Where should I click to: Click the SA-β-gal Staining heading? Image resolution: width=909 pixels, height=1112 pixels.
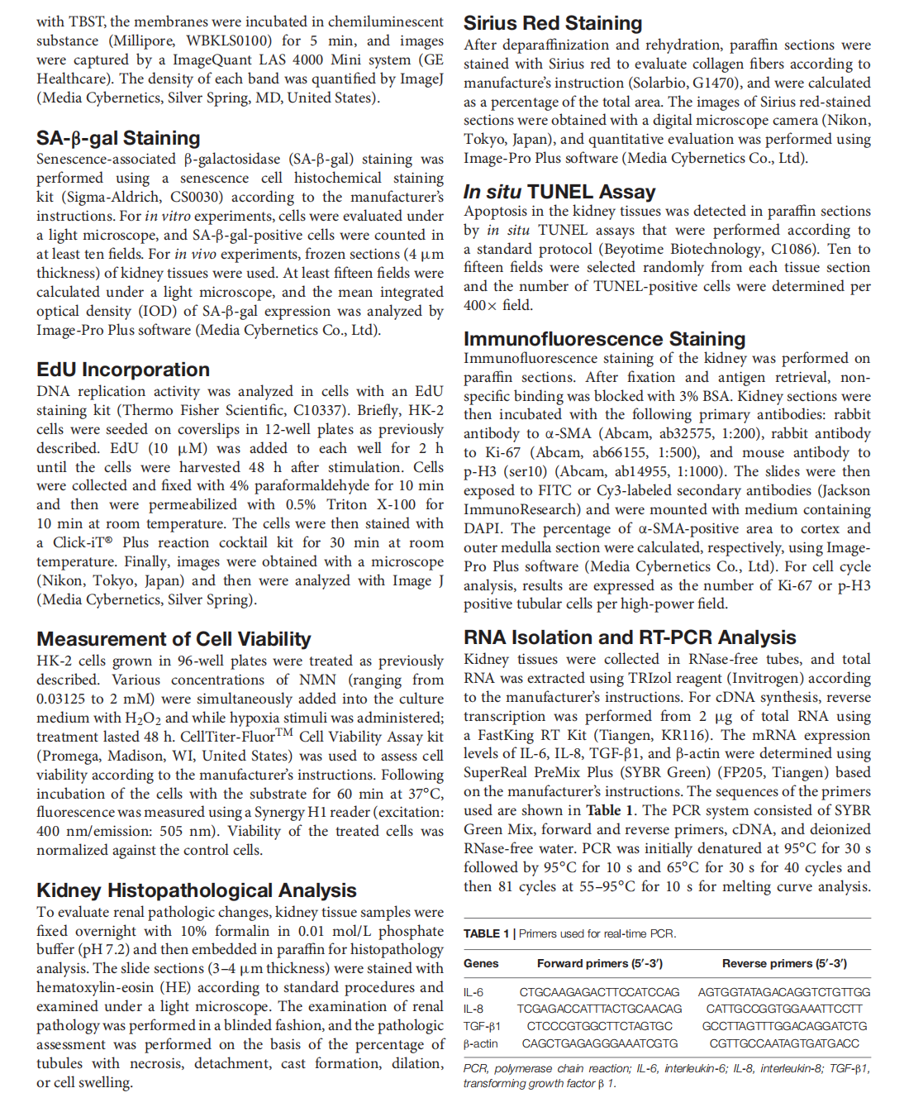118,138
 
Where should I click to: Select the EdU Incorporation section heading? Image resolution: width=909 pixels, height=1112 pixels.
123,370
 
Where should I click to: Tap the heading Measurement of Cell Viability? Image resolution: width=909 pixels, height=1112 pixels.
174,639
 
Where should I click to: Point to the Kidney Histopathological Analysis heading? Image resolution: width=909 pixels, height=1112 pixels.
197,890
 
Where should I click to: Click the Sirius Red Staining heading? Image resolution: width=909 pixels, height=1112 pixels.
553,23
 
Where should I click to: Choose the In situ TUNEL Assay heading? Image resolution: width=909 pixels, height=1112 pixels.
559,192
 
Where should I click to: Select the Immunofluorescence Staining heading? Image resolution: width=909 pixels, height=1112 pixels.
604,339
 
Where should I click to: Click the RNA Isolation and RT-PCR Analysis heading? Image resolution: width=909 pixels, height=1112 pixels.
630,637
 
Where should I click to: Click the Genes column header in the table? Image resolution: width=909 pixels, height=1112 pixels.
481,963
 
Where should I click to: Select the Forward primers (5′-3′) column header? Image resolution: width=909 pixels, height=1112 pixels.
600,963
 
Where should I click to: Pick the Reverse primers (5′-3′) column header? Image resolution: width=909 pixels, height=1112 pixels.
784,963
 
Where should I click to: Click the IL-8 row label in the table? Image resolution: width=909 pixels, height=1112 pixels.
474,1009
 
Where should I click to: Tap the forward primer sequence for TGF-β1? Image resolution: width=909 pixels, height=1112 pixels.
600,1026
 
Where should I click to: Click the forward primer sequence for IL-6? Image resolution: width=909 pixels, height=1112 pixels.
600,992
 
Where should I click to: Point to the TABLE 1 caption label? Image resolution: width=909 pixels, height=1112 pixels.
486,933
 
